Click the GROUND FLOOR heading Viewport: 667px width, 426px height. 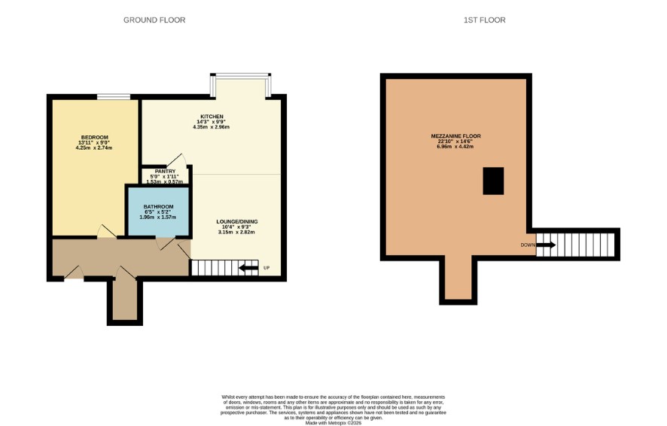click(154, 20)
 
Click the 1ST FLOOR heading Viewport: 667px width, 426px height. click(485, 20)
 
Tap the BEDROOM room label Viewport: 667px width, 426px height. click(94, 137)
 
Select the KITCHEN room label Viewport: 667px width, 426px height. click(212, 117)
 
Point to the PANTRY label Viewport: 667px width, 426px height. click(165, 172)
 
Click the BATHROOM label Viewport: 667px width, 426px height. click(158, 207)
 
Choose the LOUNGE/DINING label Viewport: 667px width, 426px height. click(237, 221)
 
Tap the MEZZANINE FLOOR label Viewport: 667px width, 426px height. click(455, 136)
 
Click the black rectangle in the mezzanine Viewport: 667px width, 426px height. click(493, 181)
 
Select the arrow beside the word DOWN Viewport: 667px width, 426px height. click(546, 245)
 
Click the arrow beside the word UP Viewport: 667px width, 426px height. click(249, 268)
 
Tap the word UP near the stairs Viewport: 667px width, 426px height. click(266, 268)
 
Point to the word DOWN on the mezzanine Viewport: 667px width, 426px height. click(528, 245)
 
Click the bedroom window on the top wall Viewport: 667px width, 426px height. click(114, 97)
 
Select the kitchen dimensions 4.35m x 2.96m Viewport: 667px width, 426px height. click(212, 126)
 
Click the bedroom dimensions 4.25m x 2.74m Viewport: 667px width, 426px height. click(94, 148)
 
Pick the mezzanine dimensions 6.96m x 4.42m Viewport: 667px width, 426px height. click(455, 146)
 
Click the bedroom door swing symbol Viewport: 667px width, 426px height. click(106, 231)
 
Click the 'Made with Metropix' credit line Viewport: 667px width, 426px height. click(333, 423)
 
